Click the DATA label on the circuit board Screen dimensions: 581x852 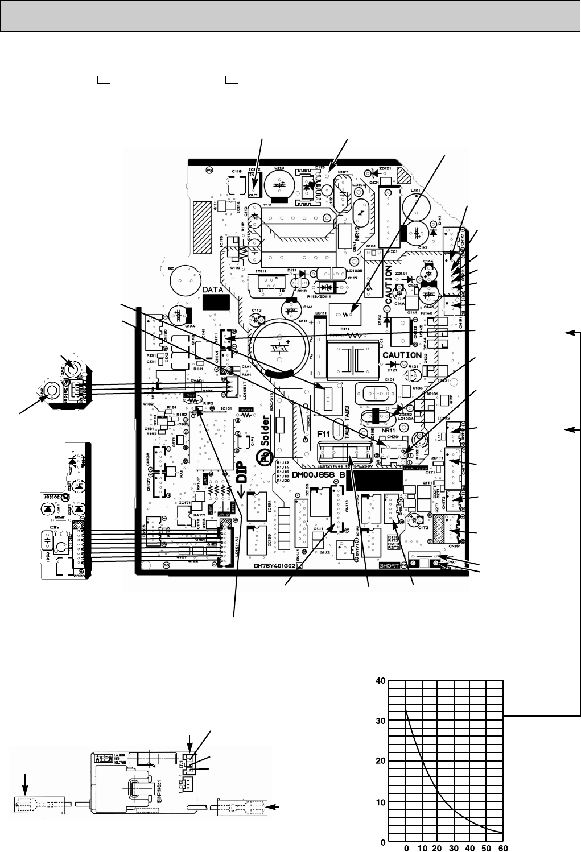point(215,289)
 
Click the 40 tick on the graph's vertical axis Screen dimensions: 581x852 point(380,681)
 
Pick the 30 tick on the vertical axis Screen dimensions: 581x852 point(380,721)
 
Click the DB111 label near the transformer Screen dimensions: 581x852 point(320,313)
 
